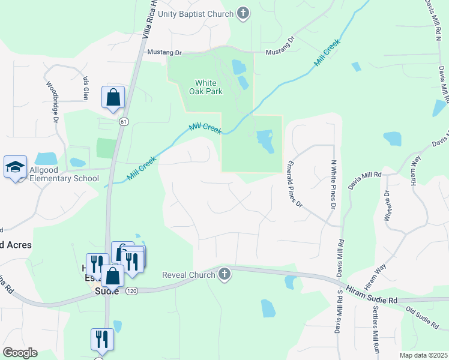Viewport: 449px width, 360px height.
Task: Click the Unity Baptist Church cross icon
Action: (243, 14)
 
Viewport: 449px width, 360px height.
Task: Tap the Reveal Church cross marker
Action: (224, 275)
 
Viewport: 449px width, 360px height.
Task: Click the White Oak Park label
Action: (209, 87)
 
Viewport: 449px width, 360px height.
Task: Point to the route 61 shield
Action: (124, 122)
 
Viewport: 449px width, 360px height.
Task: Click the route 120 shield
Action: (132, 290)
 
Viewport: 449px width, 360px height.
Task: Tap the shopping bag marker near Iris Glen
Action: (113, 98)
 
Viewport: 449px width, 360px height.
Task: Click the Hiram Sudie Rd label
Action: (372, 295)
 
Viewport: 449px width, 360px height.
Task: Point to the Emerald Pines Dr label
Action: (294, 184)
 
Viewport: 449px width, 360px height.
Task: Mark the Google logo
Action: (20, 353)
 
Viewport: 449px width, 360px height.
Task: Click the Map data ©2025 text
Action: (423, 355)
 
